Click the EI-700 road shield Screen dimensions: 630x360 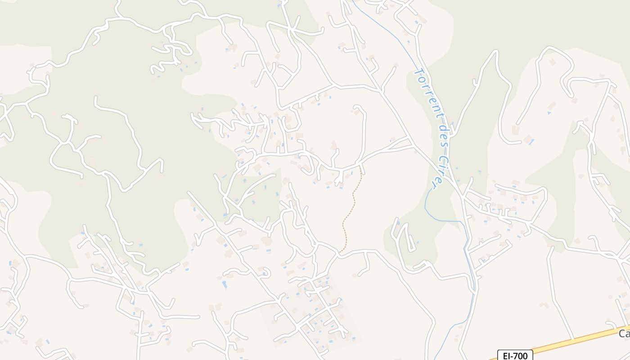click(x=515, y=355)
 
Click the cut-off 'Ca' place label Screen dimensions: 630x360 click(x=624, y=333)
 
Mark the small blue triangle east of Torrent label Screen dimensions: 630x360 click(x=549, y=112)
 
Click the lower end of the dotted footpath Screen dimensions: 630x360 click(x=341, y=252)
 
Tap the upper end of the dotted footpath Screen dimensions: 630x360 click(x=361, y=167)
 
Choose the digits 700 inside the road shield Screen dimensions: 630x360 click(x=520, y=355)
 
